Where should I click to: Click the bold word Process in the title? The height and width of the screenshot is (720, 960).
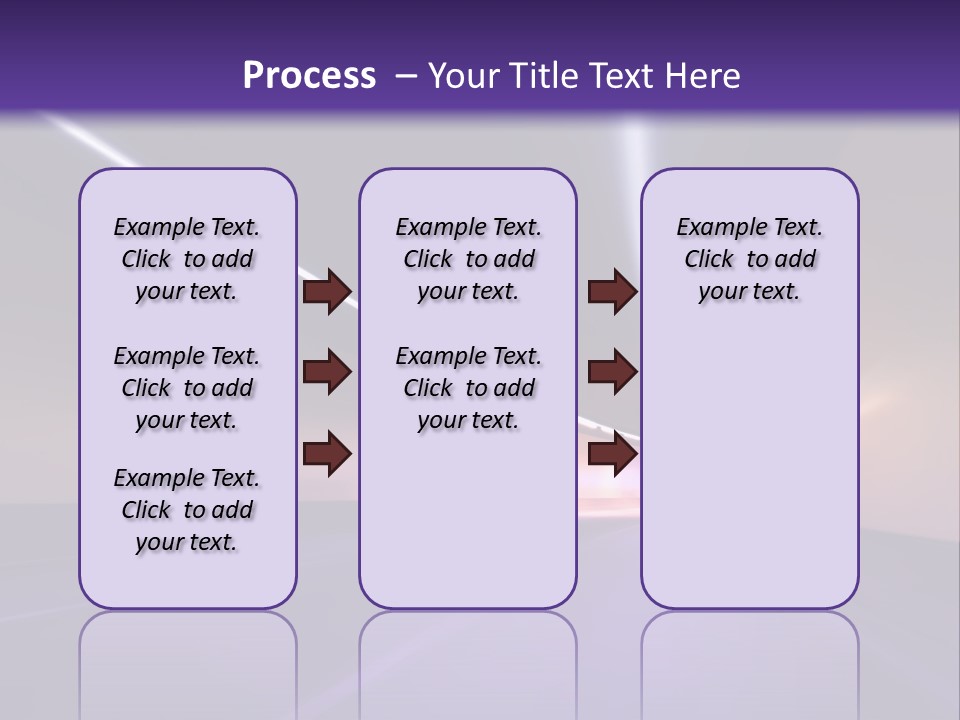click(x=309, y=76)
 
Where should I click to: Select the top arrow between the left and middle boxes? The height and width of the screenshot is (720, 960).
click(x=327, y=291)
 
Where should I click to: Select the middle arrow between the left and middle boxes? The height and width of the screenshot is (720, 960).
click(x=327, y=372)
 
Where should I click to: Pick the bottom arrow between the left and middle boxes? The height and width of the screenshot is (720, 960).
click(x=327, y=454)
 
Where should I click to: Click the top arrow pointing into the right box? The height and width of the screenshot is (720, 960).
click(x=612, y=291)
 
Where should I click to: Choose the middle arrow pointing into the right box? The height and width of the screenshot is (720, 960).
click(x=612, y=372)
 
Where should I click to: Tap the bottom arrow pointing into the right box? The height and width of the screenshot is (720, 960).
click(x=612, y=454)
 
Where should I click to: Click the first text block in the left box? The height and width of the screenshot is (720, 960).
click(x=187, y=259)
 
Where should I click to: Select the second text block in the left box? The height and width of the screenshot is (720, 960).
click(x=187, y=388)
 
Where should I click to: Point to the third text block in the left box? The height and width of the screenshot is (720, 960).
click(x=187, y=510)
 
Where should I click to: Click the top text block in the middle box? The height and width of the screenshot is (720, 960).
click(x=468, y=259)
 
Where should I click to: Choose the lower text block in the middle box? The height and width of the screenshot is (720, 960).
click(x=468, y=388)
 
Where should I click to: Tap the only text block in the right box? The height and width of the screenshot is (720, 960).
click(x=749, y=259)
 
